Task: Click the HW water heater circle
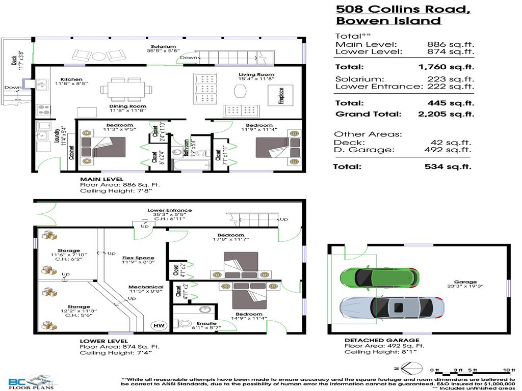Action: tap(156, 326)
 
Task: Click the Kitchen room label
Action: tap(71, 80)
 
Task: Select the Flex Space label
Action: tap(138, 258)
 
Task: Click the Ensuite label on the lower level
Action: tap(206, 323)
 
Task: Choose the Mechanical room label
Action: tap(146, 287)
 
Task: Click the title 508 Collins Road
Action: tap(403, 9)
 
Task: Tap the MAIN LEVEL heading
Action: tap(101, 179)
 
